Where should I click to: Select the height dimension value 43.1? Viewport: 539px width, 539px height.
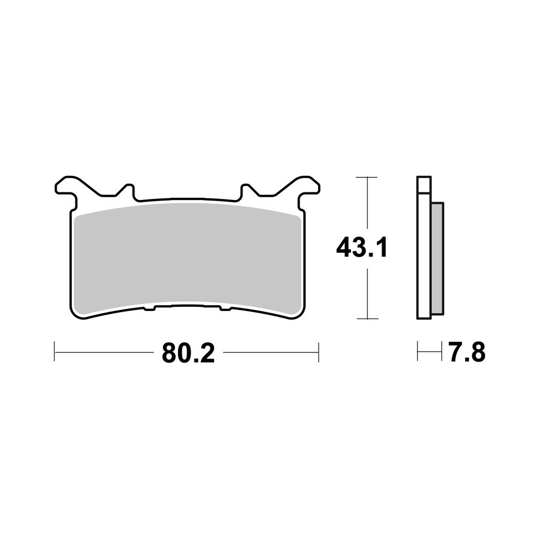(361, 248)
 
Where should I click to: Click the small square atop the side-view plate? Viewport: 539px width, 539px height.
(424, 185)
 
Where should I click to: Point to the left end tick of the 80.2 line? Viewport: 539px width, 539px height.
(55, 353)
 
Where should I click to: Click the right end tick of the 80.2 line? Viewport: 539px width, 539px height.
(319, 353)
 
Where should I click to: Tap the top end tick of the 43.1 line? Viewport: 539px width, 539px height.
(367, 177)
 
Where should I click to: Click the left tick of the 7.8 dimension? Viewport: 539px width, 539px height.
(418, 353)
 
